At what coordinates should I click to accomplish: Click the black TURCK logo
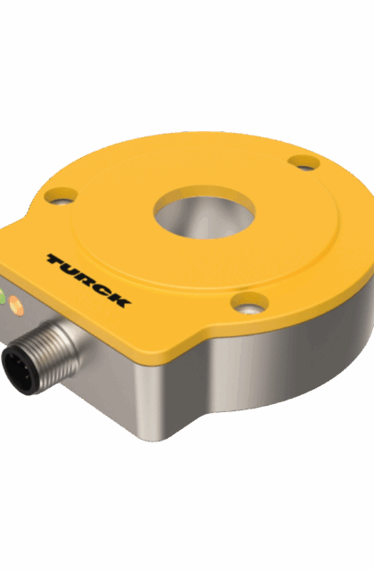(x=88, y=278)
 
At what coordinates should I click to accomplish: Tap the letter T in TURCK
(x=57, y=261)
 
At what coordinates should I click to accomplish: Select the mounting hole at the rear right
(x=305, y=162)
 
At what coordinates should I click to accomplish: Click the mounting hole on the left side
(x=61, y=194)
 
